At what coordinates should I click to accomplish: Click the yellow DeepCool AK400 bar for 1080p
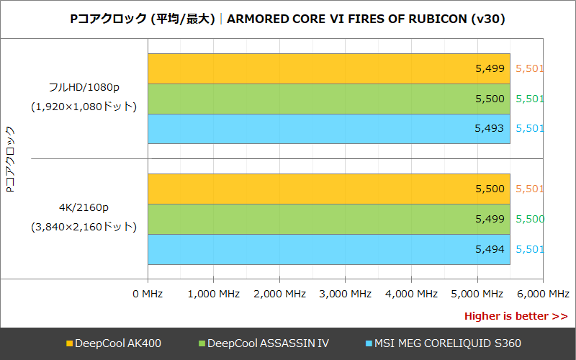(329, 69)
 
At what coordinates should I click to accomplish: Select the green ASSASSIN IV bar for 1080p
(329, 99)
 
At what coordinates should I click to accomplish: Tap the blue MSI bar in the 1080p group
(329, 129)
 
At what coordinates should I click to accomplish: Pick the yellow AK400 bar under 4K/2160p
(329, 189)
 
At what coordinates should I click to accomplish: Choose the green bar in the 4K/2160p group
(329, 219)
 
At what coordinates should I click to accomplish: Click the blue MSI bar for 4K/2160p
(329, 249)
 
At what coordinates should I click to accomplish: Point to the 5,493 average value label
(490, 129)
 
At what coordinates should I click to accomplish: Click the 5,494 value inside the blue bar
(490, 249)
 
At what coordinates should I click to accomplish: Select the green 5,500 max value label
(530, 219)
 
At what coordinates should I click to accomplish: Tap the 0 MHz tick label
(148, 294)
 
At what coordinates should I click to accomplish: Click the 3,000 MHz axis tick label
(345, 294)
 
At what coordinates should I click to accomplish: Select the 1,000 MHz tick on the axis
(214, 294)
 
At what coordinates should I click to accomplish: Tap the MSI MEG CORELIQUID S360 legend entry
(444, 343)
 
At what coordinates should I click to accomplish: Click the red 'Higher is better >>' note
(516, 316)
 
